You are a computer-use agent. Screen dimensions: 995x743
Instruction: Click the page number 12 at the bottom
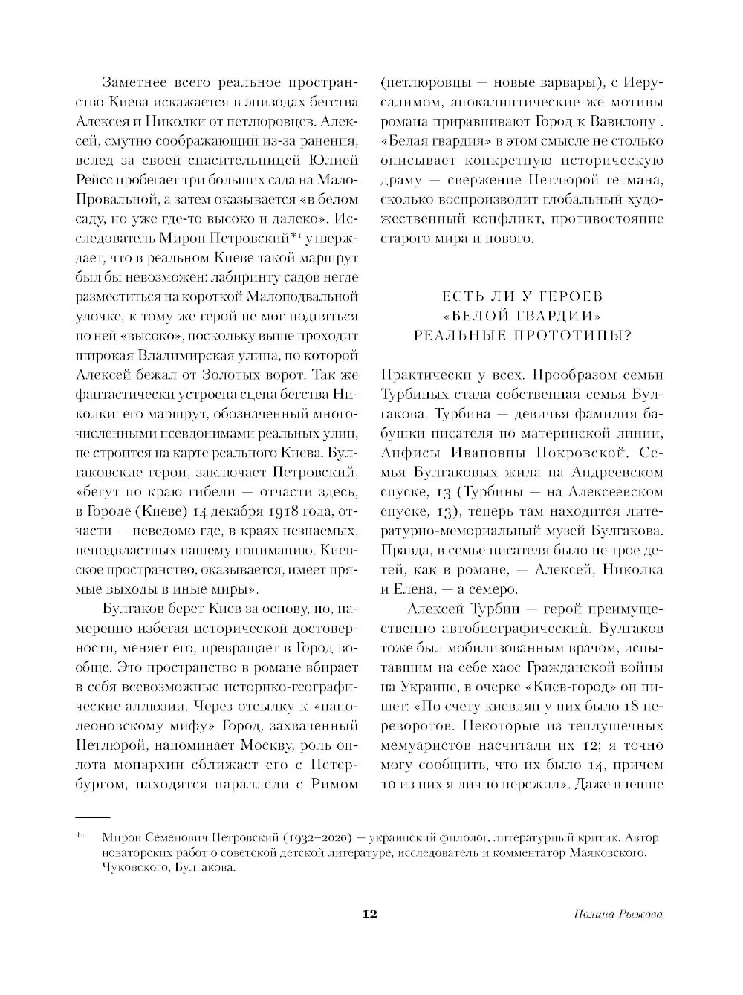click(x=369, y=914)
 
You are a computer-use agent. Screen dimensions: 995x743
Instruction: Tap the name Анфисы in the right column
click(x=409, y=452)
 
